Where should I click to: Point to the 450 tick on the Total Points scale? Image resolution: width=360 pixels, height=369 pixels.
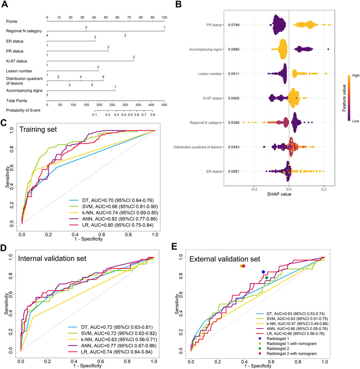click(164, 105)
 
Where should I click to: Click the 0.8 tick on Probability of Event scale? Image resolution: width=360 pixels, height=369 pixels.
click(153, 115)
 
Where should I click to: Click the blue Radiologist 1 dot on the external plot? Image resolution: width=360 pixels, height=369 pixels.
click(263, 272)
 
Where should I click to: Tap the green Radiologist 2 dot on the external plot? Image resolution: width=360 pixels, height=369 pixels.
click(267, 278)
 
